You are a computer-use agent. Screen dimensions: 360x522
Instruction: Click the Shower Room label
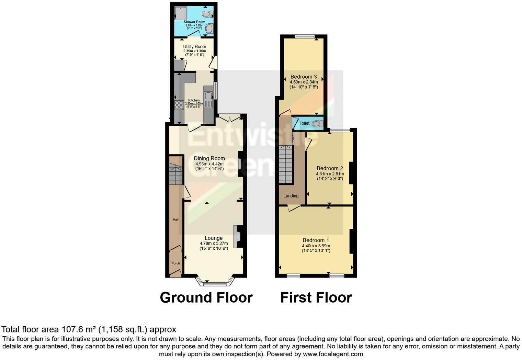pos(194,22)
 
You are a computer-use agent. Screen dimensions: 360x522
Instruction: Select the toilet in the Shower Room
pos(207,14)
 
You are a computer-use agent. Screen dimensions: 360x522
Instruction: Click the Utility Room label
pos(194,46)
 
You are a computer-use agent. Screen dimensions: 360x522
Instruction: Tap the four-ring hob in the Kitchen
pos(179,105)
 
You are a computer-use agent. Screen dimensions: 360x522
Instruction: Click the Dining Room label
pos(209,158)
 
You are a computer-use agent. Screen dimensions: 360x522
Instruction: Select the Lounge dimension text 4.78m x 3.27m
pos(214,243)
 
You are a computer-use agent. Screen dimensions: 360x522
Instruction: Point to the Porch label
pos(175,263)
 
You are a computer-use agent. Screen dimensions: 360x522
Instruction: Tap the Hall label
pos(175,220)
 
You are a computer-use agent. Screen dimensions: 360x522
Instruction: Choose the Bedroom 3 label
pos(304,77)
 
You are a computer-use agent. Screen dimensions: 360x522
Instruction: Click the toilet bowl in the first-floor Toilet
pos(318,123)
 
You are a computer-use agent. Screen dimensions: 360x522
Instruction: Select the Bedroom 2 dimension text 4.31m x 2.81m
pos(330,174)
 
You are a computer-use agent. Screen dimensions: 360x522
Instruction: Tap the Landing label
pos(291,196)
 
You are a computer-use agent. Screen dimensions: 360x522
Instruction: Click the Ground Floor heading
pos(206,297)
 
